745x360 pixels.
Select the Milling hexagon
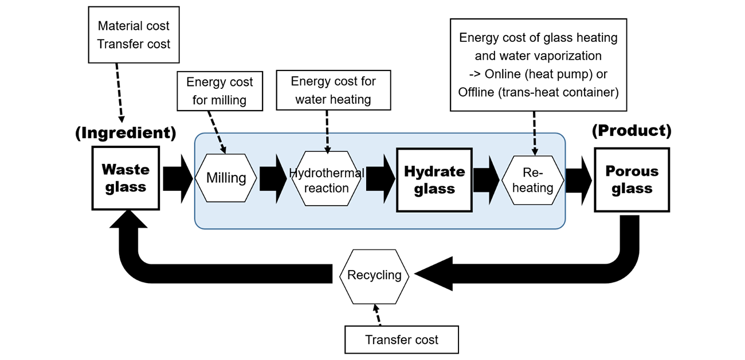click(226, 178)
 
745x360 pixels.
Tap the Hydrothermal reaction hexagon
click(326, 180)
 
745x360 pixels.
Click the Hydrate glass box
click(434, 179)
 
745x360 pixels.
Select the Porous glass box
click(632, 179)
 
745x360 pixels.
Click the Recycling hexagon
click(374, 275)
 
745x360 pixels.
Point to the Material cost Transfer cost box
click(134, 35)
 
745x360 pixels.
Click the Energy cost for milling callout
click(219, 91)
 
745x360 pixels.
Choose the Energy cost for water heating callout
click(333, 90)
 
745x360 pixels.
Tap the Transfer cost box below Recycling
click(401, 340)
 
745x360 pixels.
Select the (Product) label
click(631, 131)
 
